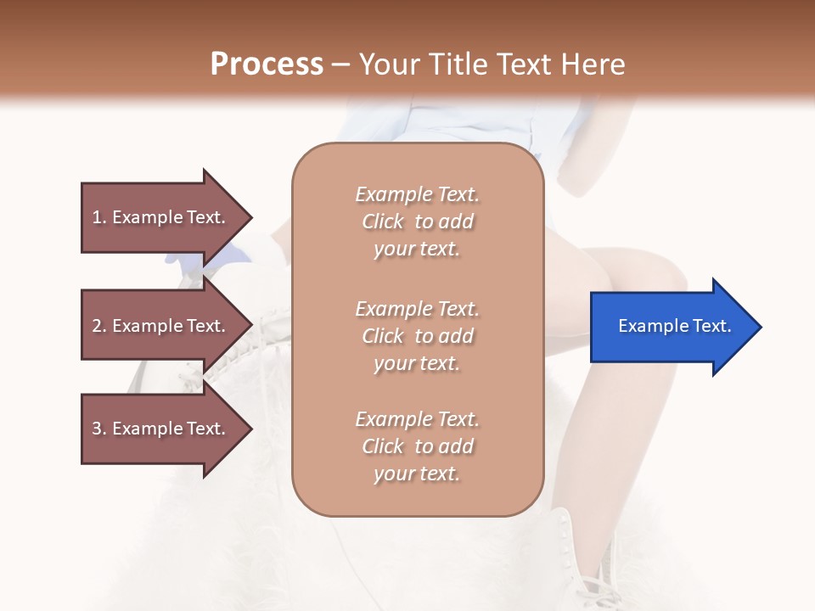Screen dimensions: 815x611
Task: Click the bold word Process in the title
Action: pyautogui.click(x=267, y=64)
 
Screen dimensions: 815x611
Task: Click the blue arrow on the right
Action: pyautogui.click(x=671, y=327)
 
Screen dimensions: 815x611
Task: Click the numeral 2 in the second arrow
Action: pyautogui.click(x=97, y=326)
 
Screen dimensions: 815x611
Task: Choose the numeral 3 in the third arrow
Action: pyautogui.click(x=97, y=429)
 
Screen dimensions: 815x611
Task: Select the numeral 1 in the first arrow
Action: pyautogui.click(x=97, y=217)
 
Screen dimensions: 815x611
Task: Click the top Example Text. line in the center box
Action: pyautogui.click(x=418, y=194)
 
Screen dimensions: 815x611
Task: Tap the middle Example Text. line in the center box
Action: pyautogui.click(x=418, y=309)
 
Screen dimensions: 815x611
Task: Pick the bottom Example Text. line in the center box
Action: pyautogui.click(x=418, y=419)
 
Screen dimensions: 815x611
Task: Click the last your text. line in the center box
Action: pyautogui.click(x=418, y=474)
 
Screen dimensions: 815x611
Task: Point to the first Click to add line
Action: pyautogui.click(x=418, y=221)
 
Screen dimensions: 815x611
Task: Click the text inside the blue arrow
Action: pyautogui.click(x=674, y=326)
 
